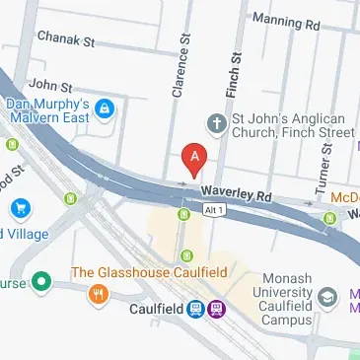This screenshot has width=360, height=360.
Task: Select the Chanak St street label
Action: point(65,40)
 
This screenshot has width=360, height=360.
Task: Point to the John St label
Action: point(51,86)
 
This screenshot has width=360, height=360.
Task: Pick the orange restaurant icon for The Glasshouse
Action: point(98,293)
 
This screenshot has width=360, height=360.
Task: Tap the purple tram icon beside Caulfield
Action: point(216,309)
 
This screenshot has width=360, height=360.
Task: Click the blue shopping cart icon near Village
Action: point(20,209)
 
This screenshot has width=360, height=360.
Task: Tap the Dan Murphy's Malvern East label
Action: point(48,112)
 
